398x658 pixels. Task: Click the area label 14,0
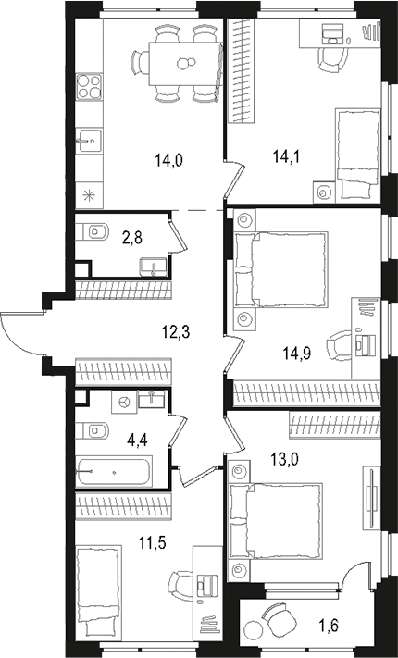coord(170,159)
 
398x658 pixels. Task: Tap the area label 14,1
coord(285,156)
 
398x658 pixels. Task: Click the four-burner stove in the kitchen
coord(90,88)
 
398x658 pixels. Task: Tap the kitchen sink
coord(90,142)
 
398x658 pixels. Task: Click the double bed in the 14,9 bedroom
coord(280,269)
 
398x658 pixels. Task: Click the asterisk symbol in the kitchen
coord(90,194)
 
